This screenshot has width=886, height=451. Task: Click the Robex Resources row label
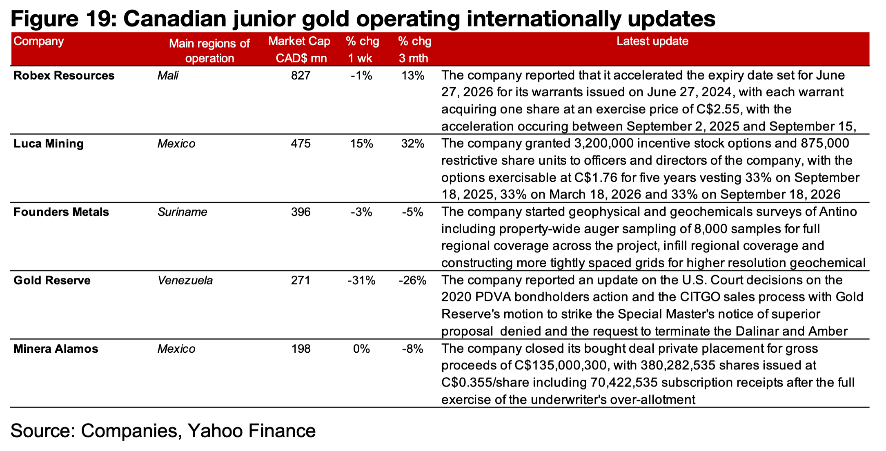tap(64, 76)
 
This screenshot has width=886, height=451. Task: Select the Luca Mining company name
tap(49, 144)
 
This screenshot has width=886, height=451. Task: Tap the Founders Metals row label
tap(61, 212)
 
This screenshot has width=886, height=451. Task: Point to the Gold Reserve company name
tap(52, 281)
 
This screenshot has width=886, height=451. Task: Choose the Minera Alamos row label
tap(56, 349)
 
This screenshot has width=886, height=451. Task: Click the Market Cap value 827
tap(301, 76)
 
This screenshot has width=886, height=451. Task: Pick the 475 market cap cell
tap(301, 144)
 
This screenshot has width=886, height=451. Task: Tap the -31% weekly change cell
tap(361, 281)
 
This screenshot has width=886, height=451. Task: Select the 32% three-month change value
tap(413, 144)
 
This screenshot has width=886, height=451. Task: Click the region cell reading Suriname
tap(183, 212)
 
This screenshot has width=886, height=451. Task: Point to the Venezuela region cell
tap(185, 281)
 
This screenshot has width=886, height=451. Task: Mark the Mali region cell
tap(168, 76)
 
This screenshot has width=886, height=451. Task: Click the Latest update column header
tap(652, 41)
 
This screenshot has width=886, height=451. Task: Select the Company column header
tap(39, 41)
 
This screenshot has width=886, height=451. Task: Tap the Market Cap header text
tap(299, 41)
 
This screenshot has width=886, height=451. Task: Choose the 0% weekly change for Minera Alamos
tap(361, 349)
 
